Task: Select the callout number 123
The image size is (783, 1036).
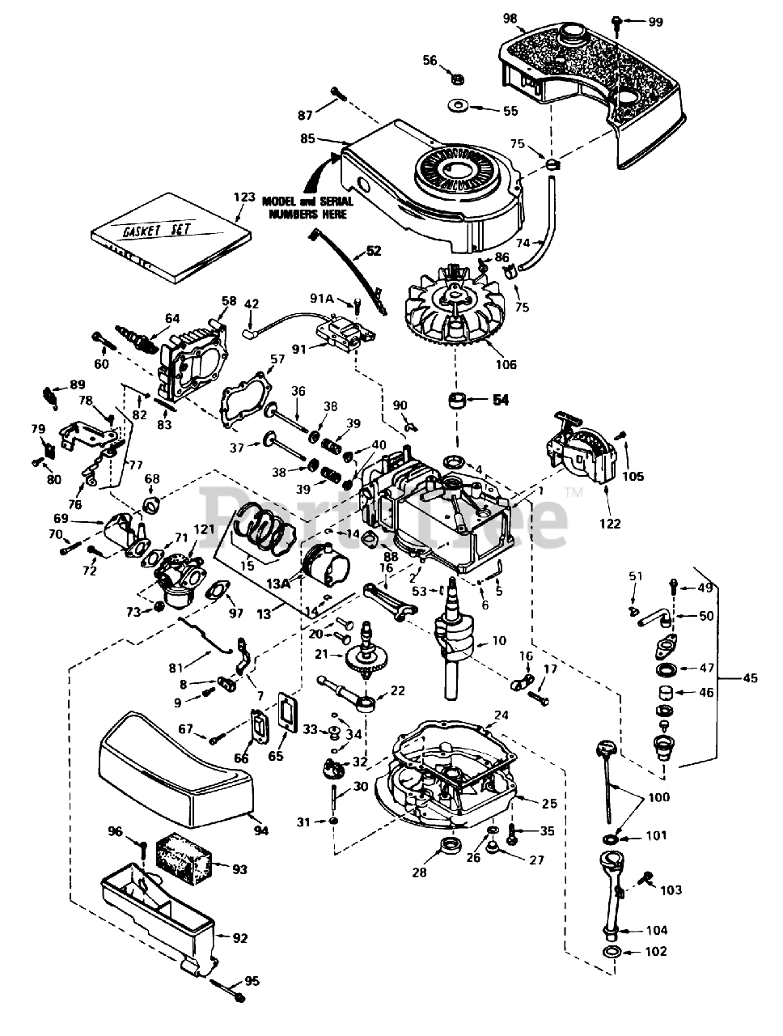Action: (243, 197)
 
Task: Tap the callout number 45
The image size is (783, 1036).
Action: (750, 677)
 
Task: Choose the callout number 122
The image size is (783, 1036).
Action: (610, 524)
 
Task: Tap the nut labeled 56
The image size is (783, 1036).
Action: (455, 79)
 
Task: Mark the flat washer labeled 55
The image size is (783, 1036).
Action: (461, 106)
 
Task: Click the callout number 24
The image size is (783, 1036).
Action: (501, 715)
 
